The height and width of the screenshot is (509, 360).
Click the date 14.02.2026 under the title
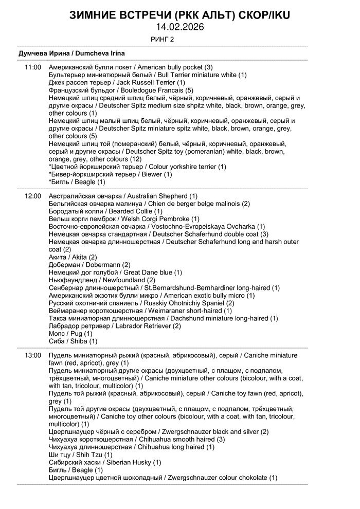(179, 27)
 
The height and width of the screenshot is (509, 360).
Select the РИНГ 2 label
(162, 39)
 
